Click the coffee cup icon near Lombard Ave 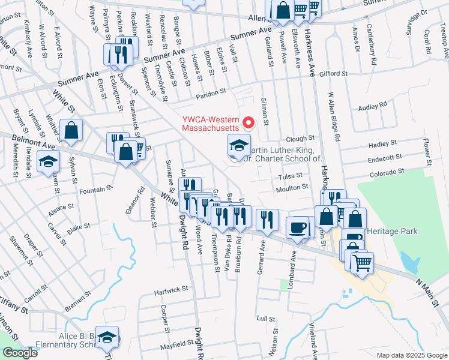click(x=298, y=227)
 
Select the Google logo click(x=20, y=353)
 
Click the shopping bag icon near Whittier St click(x=71, y=132)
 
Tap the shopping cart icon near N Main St click(x=363, y=262)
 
